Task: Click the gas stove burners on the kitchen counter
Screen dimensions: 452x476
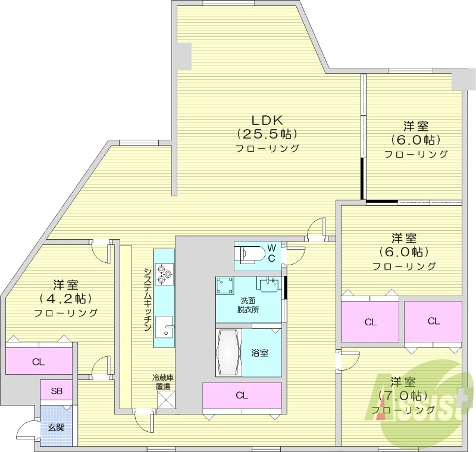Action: (164, 274)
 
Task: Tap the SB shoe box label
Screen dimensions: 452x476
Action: (56, 391)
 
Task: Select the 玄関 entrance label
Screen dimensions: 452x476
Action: (56, 426)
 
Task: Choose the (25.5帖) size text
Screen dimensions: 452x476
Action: (267, 133)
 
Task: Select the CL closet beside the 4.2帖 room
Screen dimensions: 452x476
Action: (38, 361)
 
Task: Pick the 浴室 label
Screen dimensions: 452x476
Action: (259, 353)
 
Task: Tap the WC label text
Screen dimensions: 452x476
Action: (271, 252)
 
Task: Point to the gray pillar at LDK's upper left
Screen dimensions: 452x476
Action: (183, 55)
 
